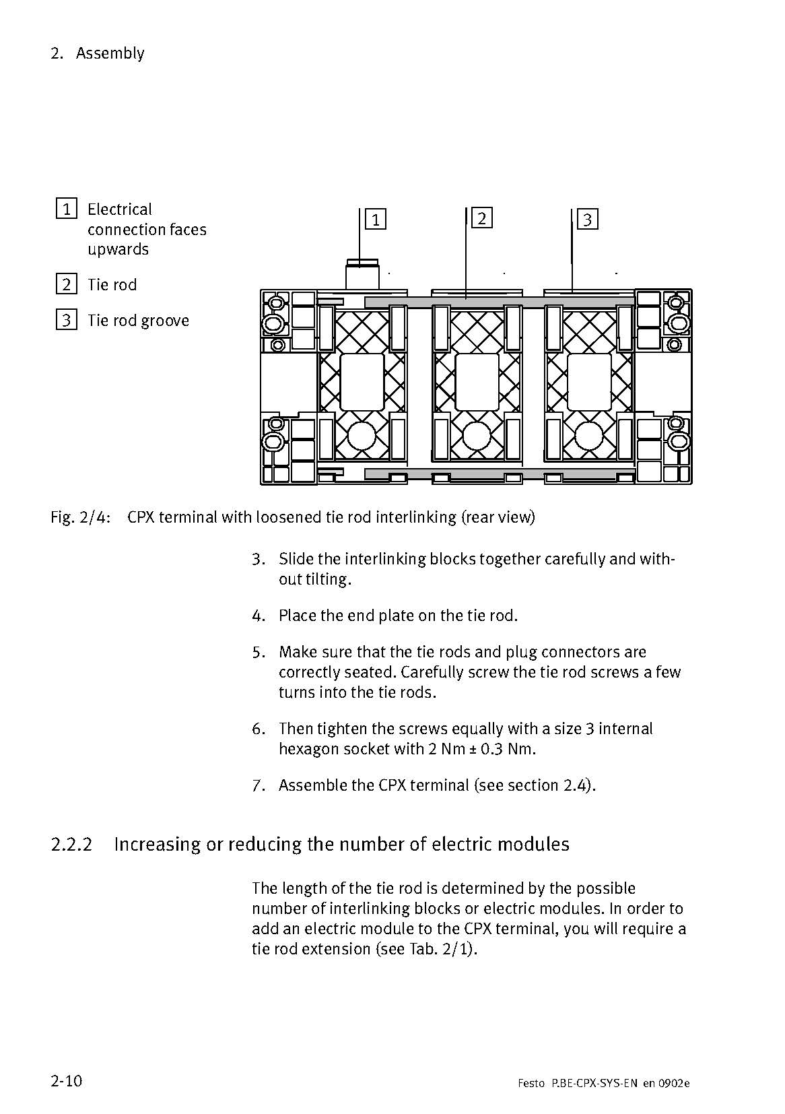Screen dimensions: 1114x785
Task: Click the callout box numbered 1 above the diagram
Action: (376, 219)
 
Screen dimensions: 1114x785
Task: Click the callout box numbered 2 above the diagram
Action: (481, 218)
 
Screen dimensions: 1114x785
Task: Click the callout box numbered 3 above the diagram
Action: (588, 219)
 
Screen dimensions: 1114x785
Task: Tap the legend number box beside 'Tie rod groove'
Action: (66, 320)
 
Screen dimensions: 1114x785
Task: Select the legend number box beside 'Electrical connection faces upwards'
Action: (66, 209)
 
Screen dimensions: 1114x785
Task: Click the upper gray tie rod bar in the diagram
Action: (499, 302)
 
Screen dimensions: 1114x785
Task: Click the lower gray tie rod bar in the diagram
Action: (499, 474)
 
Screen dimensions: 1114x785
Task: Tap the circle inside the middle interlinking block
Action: (475, 436)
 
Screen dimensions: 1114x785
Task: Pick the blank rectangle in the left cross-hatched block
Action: (362, 382)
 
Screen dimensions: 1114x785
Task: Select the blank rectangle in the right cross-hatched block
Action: (589, 382)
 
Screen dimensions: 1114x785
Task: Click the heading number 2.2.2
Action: (71, 844)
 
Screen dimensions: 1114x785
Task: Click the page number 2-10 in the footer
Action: (66, 1081)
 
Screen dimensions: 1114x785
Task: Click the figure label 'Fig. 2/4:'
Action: (80, 517)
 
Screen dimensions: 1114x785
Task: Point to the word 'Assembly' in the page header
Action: (110, 53)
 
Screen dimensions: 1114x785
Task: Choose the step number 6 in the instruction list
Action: (259, 729)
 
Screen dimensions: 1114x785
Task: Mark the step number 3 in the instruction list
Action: (259, 559)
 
